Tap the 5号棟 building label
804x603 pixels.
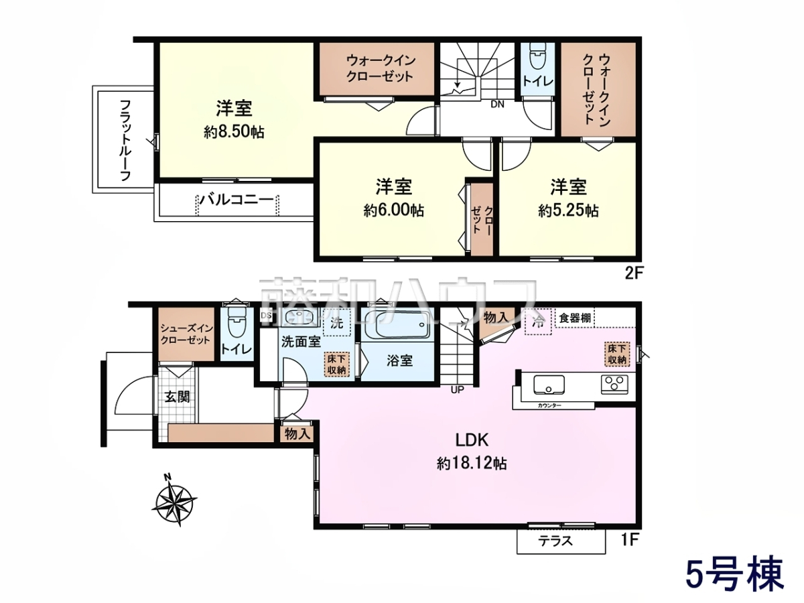pos(734,574)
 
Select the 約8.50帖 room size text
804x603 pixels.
pos(234,132)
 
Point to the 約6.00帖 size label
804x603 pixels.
pos(394,210)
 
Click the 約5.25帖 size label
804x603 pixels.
pos(568,210)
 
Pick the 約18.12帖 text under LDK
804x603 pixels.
pos(472,464)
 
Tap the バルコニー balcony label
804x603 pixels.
pos(237,200)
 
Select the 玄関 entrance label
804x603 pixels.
pos(178,397)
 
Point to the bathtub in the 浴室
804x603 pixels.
pos(398,325)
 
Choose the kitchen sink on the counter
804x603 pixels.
pos(548,385)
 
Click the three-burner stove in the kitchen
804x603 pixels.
pos(614,385)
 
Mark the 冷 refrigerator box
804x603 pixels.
pos(538,322)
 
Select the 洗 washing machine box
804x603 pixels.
pos(337,322)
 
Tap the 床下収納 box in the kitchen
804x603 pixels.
pos(617,354)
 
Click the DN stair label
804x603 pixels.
pos(497,105)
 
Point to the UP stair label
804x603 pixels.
pos(458,390)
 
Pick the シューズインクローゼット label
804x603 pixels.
pos(186,334)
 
